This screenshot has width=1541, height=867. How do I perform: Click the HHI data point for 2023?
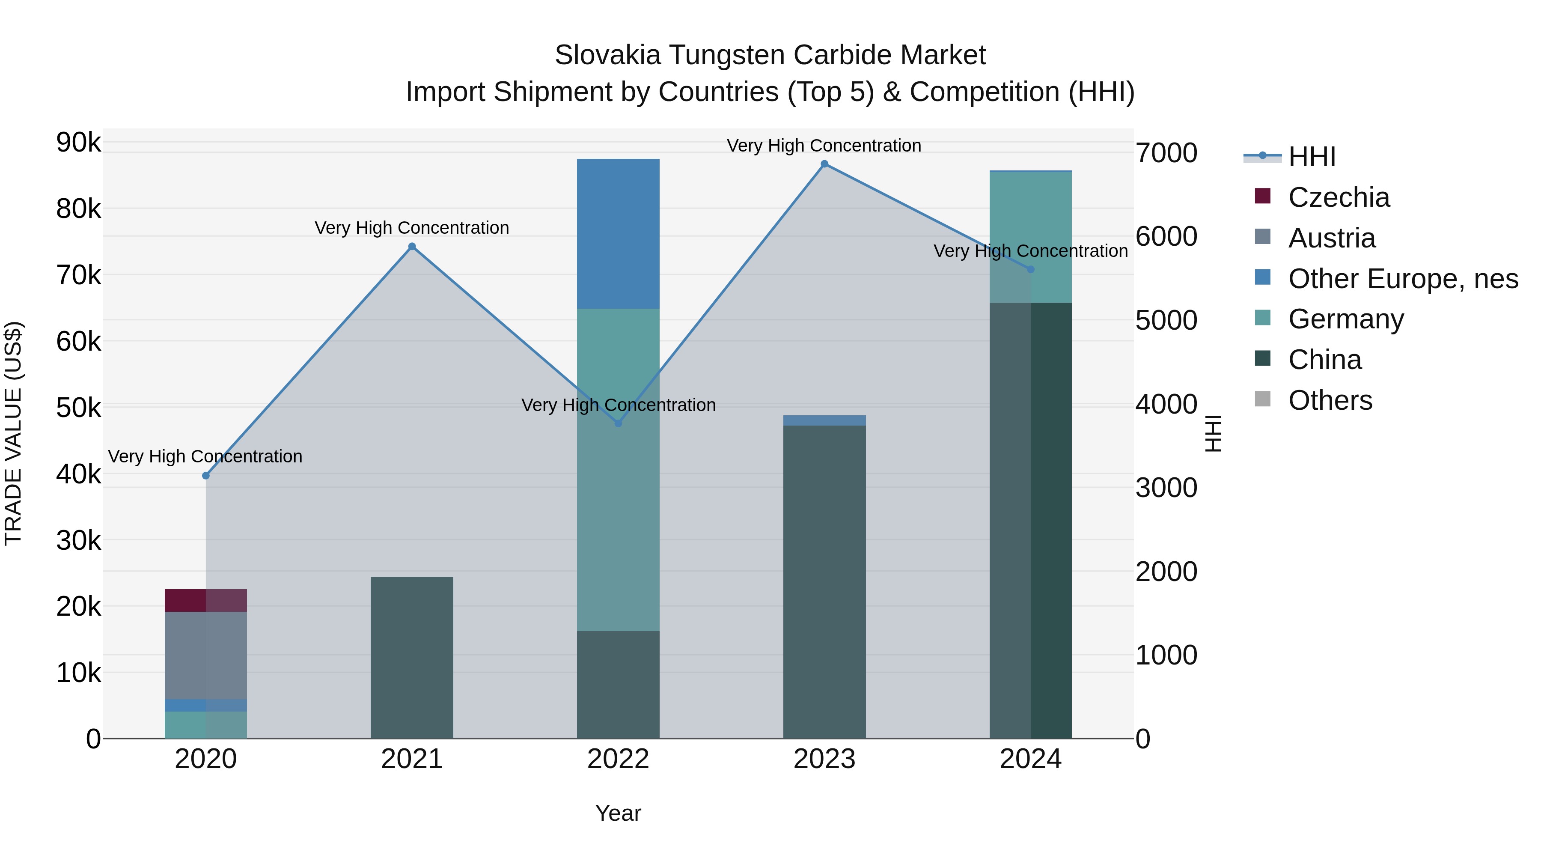(824, 164)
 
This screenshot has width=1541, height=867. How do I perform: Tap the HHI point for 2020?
(206, 476)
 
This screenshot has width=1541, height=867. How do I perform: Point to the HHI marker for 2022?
(618, 423)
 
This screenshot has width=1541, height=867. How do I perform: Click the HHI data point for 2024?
(1030, 270)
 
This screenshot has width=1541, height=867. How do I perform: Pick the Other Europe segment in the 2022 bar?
(618, 233)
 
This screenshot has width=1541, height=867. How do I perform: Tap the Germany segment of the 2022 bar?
(618, 470)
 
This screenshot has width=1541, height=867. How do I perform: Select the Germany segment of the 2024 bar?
(1030, 236)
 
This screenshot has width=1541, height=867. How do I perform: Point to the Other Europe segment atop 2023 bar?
(824, 420)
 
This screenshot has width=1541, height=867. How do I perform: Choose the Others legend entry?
(1330, 400)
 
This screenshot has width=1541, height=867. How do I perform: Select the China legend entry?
(1324, 360)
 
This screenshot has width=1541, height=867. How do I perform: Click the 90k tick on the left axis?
(78, 143)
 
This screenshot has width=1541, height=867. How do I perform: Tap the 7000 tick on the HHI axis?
(1166, 153)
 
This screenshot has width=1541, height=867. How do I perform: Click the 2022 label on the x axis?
(618, 759)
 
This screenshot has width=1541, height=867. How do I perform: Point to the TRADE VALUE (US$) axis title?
(13, 433)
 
